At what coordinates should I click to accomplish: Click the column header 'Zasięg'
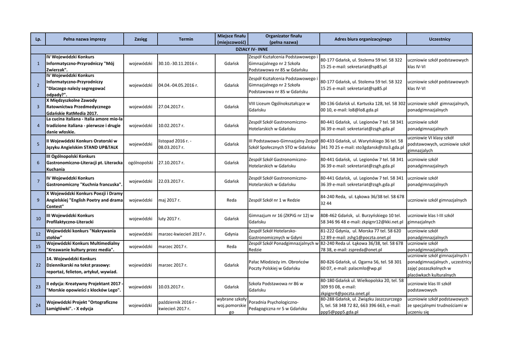(x=140, y=39)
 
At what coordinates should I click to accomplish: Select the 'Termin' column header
(x=186, y=39)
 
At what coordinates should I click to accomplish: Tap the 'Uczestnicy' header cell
(x=439, y=39)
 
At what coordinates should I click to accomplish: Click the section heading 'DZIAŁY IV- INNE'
(x=252, y=50)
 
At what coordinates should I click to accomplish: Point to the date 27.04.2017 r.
(x=171, y=107)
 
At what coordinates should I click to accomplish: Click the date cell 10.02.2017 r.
(x=171, y=126)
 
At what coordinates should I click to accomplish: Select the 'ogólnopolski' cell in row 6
(x=140, y=162)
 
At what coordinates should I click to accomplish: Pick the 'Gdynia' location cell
(x=231, y=234)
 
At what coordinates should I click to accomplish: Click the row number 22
(x=38, y=265)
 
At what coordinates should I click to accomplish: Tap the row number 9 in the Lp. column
(x=38, y=200)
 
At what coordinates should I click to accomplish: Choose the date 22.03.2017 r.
(x=171, y=181)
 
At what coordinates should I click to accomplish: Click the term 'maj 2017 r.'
(x=169, y=200)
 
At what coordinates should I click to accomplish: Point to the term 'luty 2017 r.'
(x=170, y=218)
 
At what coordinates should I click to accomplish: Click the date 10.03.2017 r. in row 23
(x=171, y=287)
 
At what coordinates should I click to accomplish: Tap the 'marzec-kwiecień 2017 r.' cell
(x=182, y=234)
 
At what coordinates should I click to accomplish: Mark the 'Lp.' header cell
(x=38, y=39)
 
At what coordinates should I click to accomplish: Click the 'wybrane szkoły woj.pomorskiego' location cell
(x=231, y=305)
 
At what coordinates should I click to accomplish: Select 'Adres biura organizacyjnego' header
(x=363, y=39)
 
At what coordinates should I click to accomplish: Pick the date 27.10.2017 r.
(x=171, y=162)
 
